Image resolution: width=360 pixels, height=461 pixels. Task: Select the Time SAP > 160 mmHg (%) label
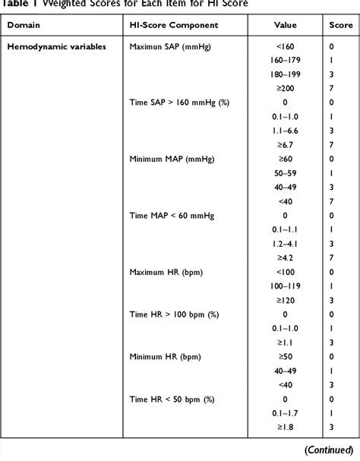coord(178,103)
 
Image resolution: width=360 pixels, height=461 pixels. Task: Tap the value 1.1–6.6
coord(279,131)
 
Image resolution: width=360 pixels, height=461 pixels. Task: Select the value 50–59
coord(279,173)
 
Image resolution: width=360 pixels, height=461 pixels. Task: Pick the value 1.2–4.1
coord(279,243)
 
